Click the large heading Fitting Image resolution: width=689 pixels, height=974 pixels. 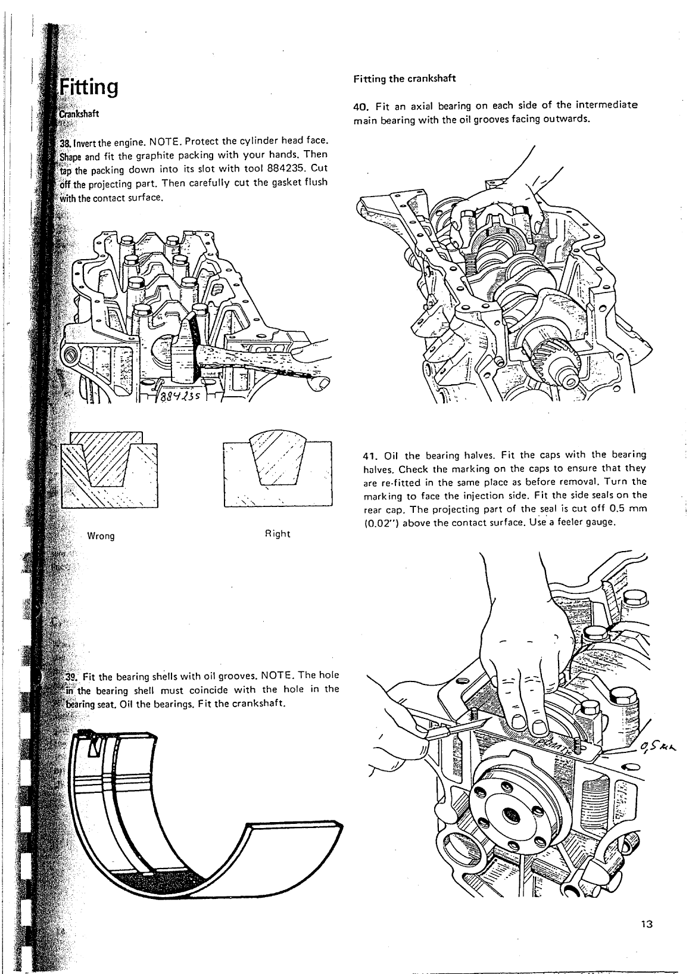(x=89, y=88)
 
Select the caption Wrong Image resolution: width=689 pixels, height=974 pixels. (x=101, y=536)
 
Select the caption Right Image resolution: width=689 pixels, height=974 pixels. (x=277, y=534)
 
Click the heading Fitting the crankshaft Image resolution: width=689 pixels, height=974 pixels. (x=404, y=79)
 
